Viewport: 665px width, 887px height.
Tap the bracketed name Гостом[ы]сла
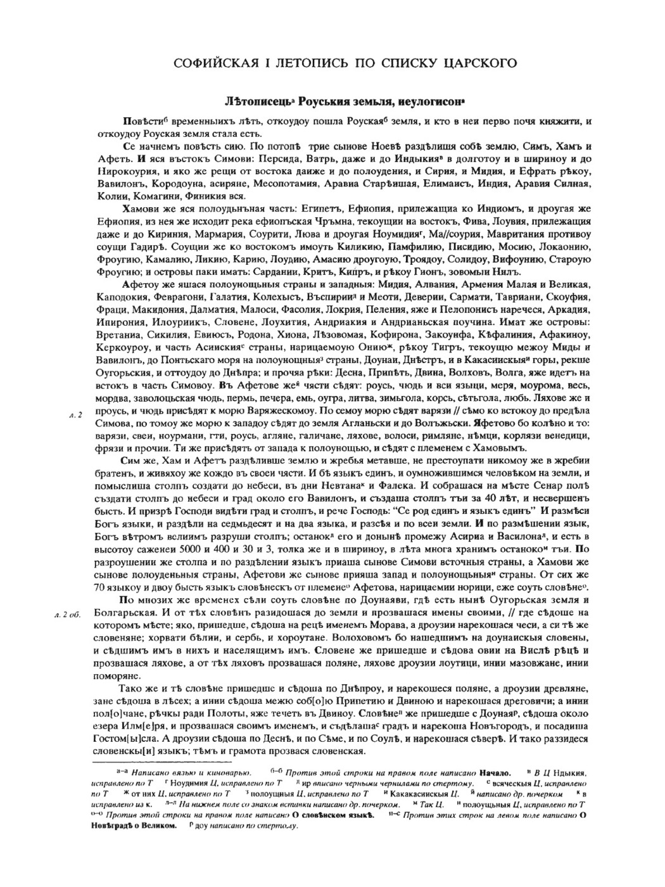click(x=127, y=739)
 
